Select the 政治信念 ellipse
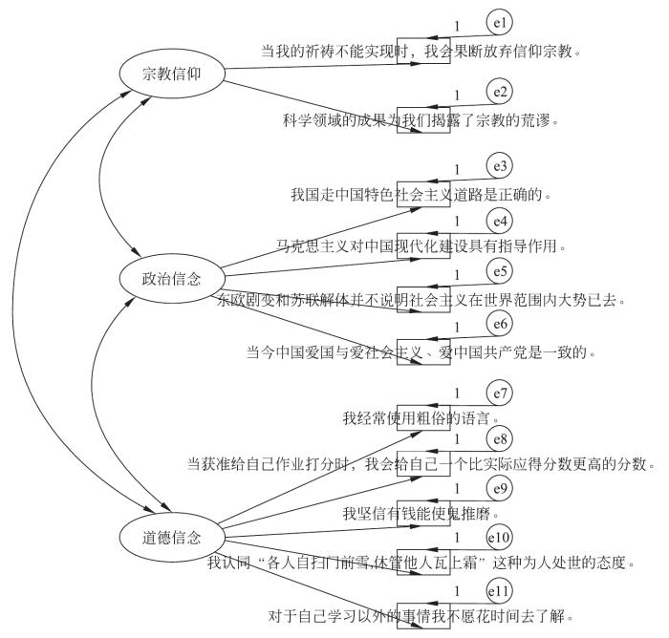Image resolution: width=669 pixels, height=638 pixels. click(x=172, y=278)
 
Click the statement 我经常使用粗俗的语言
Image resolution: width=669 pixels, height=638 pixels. click(x=421, y=418)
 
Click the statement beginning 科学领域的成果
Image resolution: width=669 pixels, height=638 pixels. click(x=421, y=120)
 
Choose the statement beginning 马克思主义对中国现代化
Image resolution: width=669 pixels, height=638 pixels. click(x=421, y=246)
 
